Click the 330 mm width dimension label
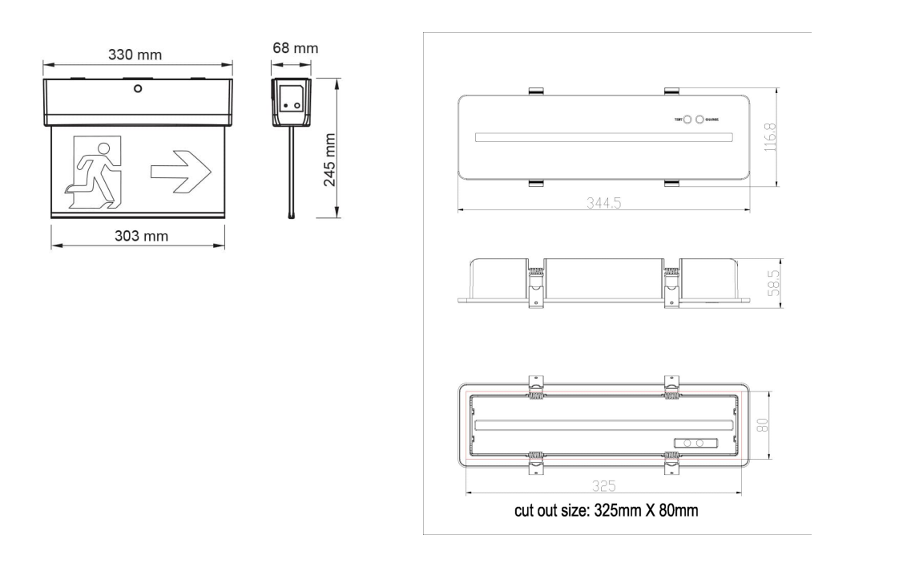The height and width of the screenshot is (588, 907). pos(135,55)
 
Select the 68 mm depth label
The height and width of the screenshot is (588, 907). pos(295,48)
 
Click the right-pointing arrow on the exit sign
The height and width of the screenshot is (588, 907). pos(180,171)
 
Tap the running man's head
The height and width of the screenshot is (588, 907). pos(102,146)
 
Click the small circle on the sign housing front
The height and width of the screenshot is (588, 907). pos(138,89)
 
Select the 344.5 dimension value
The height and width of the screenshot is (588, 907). pos(603,203)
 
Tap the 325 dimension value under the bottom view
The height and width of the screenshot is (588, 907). pos(603,485)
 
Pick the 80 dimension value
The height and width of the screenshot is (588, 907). pos(764,426)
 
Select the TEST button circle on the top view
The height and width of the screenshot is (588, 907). pos(687,120)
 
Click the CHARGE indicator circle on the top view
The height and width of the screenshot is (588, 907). pos(700,120)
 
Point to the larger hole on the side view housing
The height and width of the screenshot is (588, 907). pos(297,104)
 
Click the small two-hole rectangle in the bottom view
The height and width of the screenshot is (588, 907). pos(695,443)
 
